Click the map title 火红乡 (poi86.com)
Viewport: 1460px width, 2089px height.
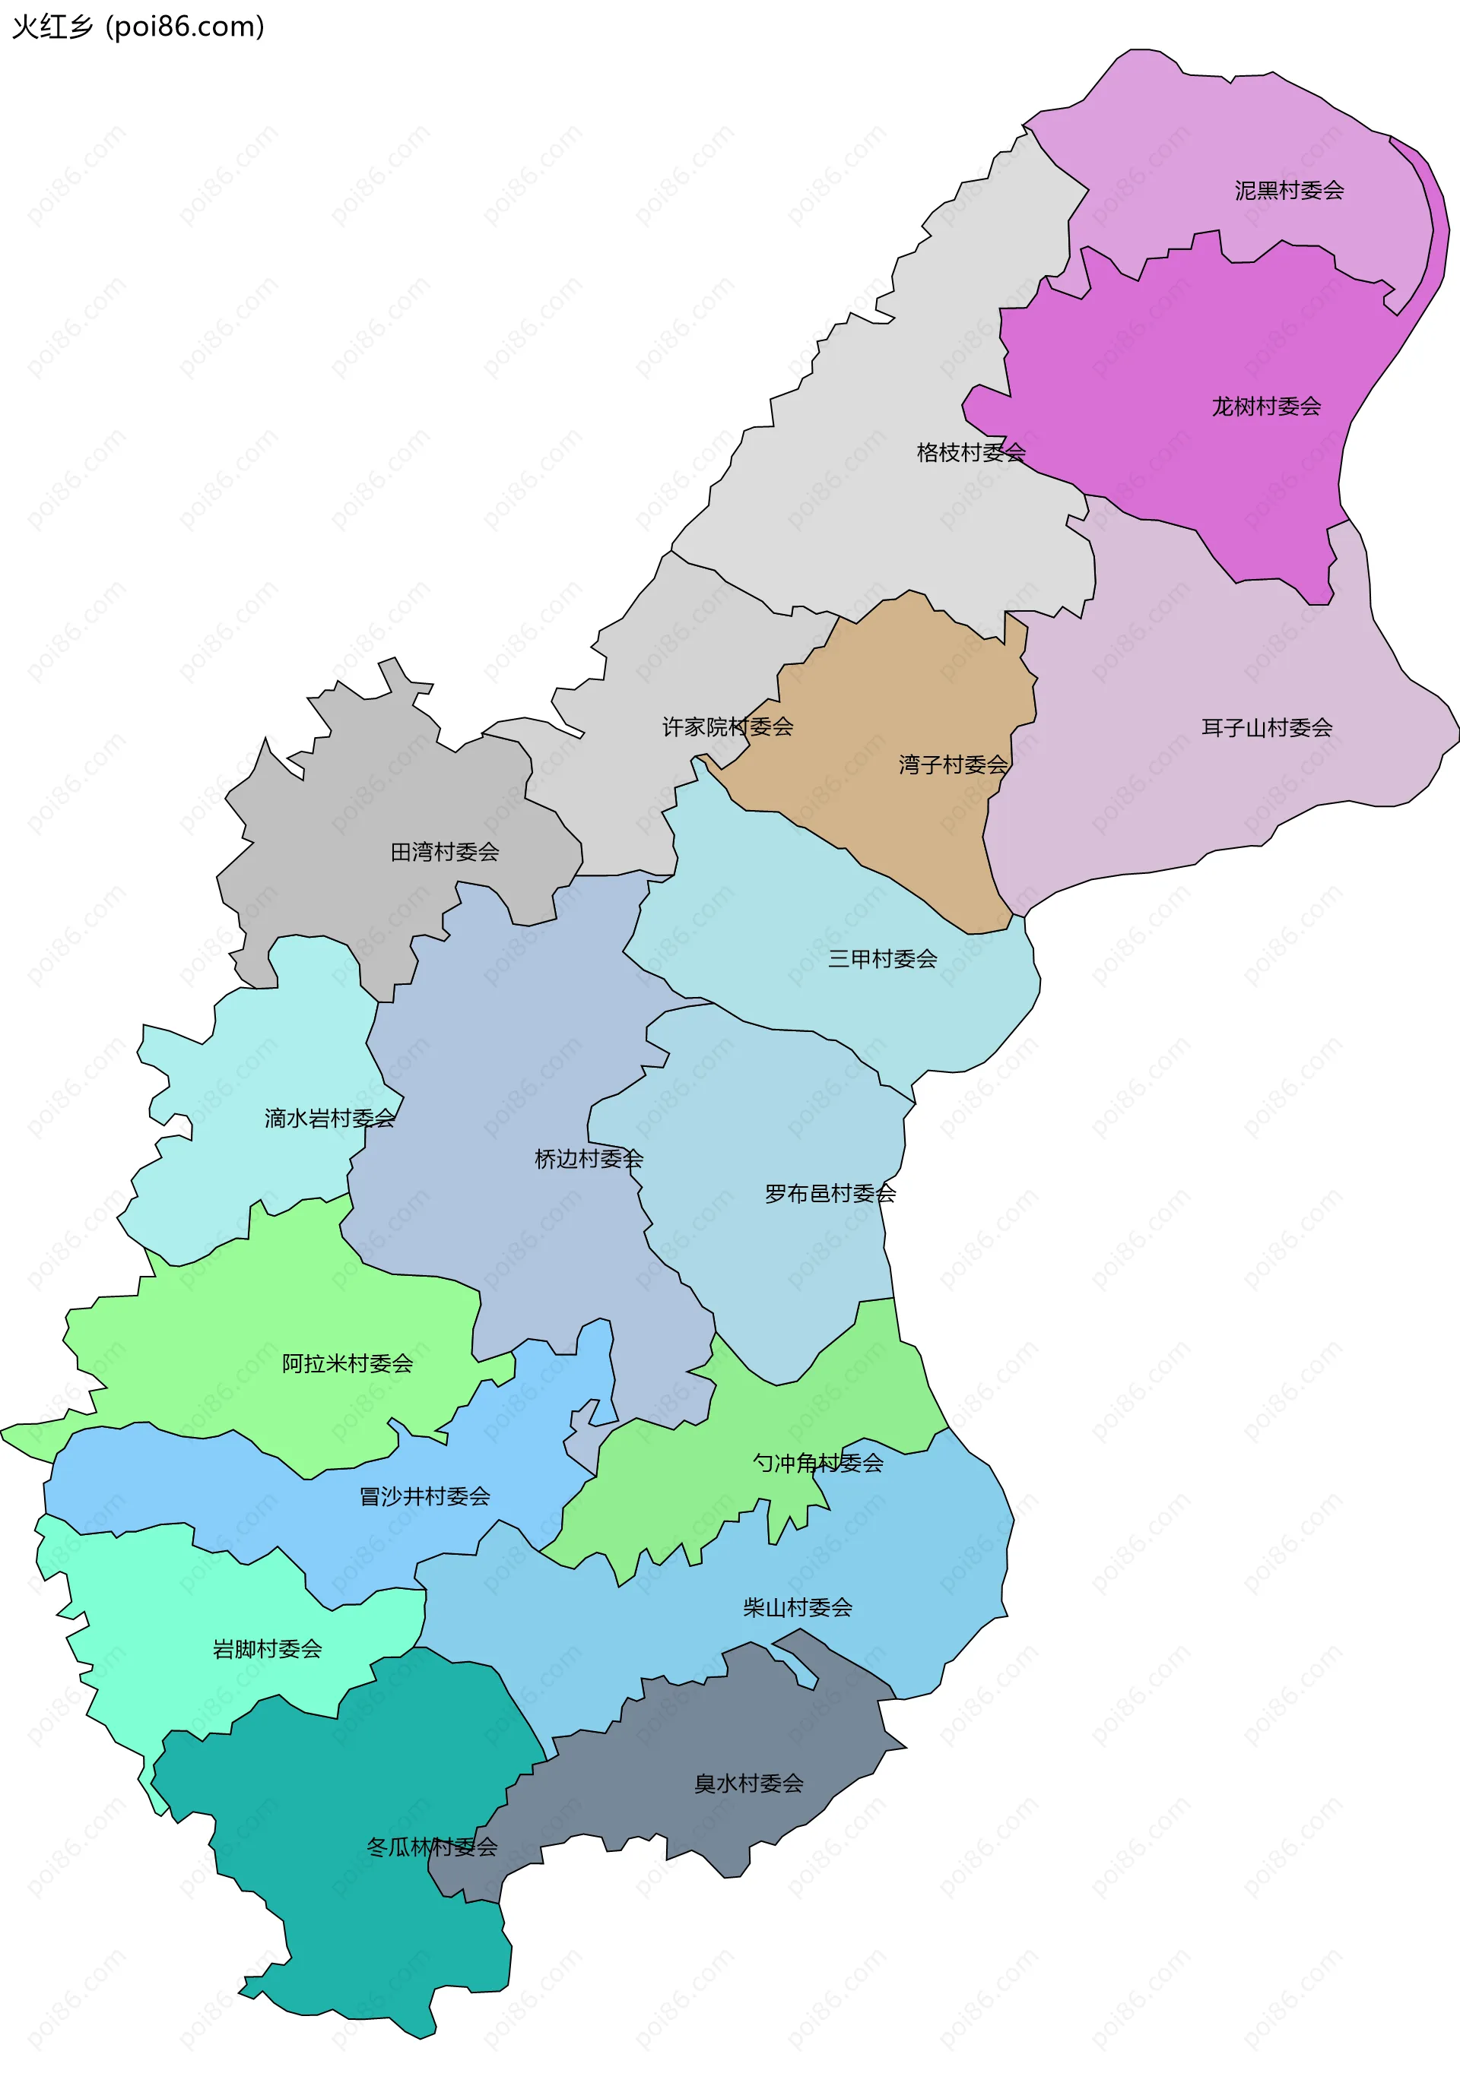tap(138, 27)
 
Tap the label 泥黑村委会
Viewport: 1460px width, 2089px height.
tap(1289, 190)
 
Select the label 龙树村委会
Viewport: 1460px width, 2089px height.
tap(1266, 406)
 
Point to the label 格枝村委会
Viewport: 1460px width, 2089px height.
tap(971, 452)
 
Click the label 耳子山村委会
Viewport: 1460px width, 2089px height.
tap(1267, 727)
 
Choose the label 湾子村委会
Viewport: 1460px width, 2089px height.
tap(953, 764)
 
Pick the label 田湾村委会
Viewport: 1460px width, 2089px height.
tap(444, 852)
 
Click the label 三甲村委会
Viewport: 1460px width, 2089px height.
tap(882, 958)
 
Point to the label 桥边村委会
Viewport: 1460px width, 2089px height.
tap(589, 1158)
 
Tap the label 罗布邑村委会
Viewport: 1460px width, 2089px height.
tap(830, 1193)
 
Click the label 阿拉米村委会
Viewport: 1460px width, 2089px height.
tap(347, 1363)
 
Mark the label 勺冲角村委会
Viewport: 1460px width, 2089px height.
tap(817, 1462)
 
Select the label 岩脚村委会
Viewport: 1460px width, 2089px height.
tap(267, 1649)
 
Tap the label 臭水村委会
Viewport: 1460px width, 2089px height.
tap(748, 1784)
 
